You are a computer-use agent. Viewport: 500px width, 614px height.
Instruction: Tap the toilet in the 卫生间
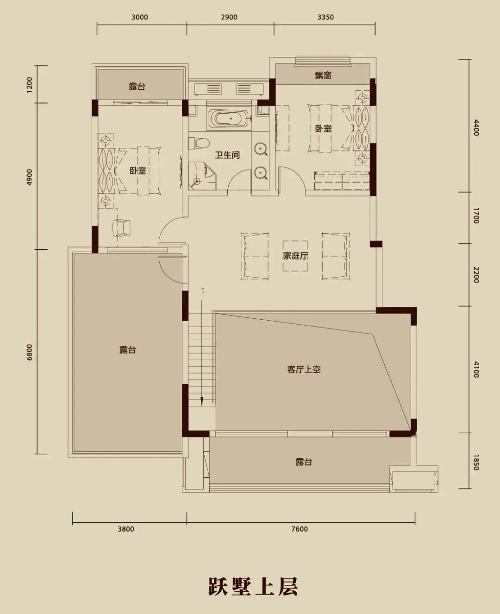pos(199,143)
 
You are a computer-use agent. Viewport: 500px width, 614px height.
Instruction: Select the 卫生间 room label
pos(227,155)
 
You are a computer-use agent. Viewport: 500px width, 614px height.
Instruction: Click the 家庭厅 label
pos(295,256)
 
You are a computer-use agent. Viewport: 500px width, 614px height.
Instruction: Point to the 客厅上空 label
pos(304,369)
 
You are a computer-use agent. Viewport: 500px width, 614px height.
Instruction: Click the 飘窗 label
pos(323,75)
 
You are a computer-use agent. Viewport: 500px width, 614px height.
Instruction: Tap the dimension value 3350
pos(325,17)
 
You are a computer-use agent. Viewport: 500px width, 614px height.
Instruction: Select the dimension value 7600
pos(300,529)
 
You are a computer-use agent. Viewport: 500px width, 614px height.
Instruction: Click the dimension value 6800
pos(29,352)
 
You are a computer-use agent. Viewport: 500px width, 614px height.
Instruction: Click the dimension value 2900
pos(229,17)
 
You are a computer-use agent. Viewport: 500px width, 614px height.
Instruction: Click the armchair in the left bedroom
pos(121,228)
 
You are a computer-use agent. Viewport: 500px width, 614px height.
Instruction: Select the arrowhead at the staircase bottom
pos(202,401)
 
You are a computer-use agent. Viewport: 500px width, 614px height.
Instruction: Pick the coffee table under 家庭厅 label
pos(295,256)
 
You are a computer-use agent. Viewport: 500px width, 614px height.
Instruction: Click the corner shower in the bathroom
pos(202,176)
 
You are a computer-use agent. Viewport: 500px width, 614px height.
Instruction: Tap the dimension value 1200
pos(29,85)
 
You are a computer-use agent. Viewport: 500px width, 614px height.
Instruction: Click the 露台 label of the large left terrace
pos(128,350)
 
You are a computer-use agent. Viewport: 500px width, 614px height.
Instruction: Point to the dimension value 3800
pos(126,529)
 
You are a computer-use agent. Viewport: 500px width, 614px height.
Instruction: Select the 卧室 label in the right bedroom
pos(323,128)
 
